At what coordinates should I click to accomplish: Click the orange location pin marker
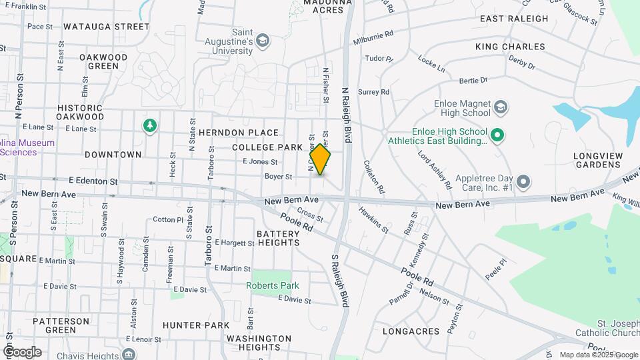[x=320, y=160]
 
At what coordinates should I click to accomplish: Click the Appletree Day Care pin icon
[x=523, y=181]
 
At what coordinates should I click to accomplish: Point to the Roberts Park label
[x=273, y=286]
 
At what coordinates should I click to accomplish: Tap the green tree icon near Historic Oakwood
[x=150, y=125]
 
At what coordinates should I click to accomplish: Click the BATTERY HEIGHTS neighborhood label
[x=278, y=238]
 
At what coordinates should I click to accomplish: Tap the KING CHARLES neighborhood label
[x=510, y=47]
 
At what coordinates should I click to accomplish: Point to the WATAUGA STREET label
[x=106, y=27]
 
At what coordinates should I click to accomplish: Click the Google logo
[x=22, y=351]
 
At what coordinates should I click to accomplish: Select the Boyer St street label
[x=279, y=177]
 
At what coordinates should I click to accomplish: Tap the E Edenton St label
[x=93, y=181]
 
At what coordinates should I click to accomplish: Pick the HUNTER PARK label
[x=196, y=325]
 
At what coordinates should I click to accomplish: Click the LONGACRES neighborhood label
[x=411, y=331]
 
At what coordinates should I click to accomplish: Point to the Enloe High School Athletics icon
[x=497, y=136]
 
